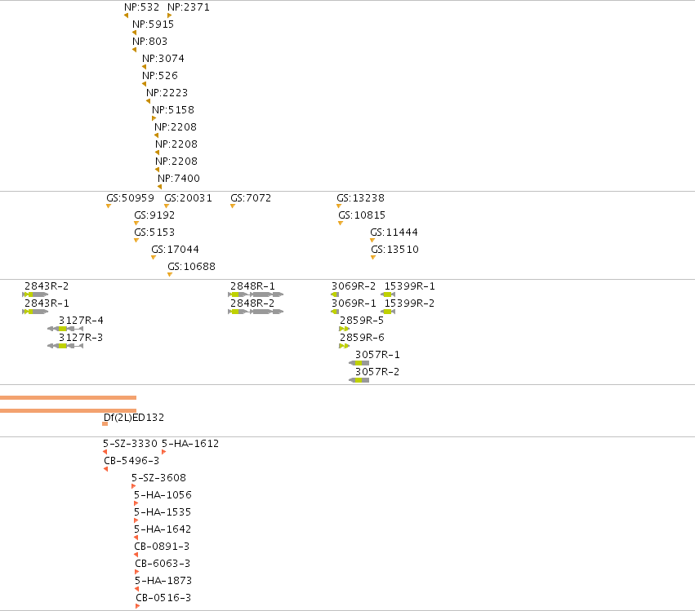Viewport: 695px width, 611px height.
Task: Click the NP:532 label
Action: [x=141, y=7]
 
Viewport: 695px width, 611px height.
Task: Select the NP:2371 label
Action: [x=189, y=7]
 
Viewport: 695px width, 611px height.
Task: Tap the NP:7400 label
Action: [x=179, y=179]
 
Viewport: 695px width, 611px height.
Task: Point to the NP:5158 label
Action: [x=173, y=110]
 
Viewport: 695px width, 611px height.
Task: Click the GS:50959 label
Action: [x=131, y=198]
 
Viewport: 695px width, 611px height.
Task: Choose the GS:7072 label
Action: [x=251, y=198]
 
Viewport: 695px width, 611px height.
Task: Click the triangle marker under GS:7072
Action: [x=233, y=206]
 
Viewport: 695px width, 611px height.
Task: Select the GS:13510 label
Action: [x=395, y=250]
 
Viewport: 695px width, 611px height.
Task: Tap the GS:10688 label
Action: [x=191, y=267]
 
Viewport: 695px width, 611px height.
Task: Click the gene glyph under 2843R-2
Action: [x=35, y=294]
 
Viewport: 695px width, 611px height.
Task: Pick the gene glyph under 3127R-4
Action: [x=65, y=329]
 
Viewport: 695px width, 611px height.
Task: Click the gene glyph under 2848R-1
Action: [x=256, y=294]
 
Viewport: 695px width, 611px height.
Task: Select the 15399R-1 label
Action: [x=409, y=286]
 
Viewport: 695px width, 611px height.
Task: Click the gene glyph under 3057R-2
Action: [x=359, y=380]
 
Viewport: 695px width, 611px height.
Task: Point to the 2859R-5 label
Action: [x=362, y=320]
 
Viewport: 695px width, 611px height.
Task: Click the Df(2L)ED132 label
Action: [x=134, y=418]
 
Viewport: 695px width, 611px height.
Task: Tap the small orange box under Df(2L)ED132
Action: [x=105, y=424]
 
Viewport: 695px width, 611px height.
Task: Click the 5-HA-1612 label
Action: [x=190, y=444]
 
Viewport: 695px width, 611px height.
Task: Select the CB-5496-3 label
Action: [x=131, y=461]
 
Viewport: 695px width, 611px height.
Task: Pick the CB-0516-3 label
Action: [x=163, y=598]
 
